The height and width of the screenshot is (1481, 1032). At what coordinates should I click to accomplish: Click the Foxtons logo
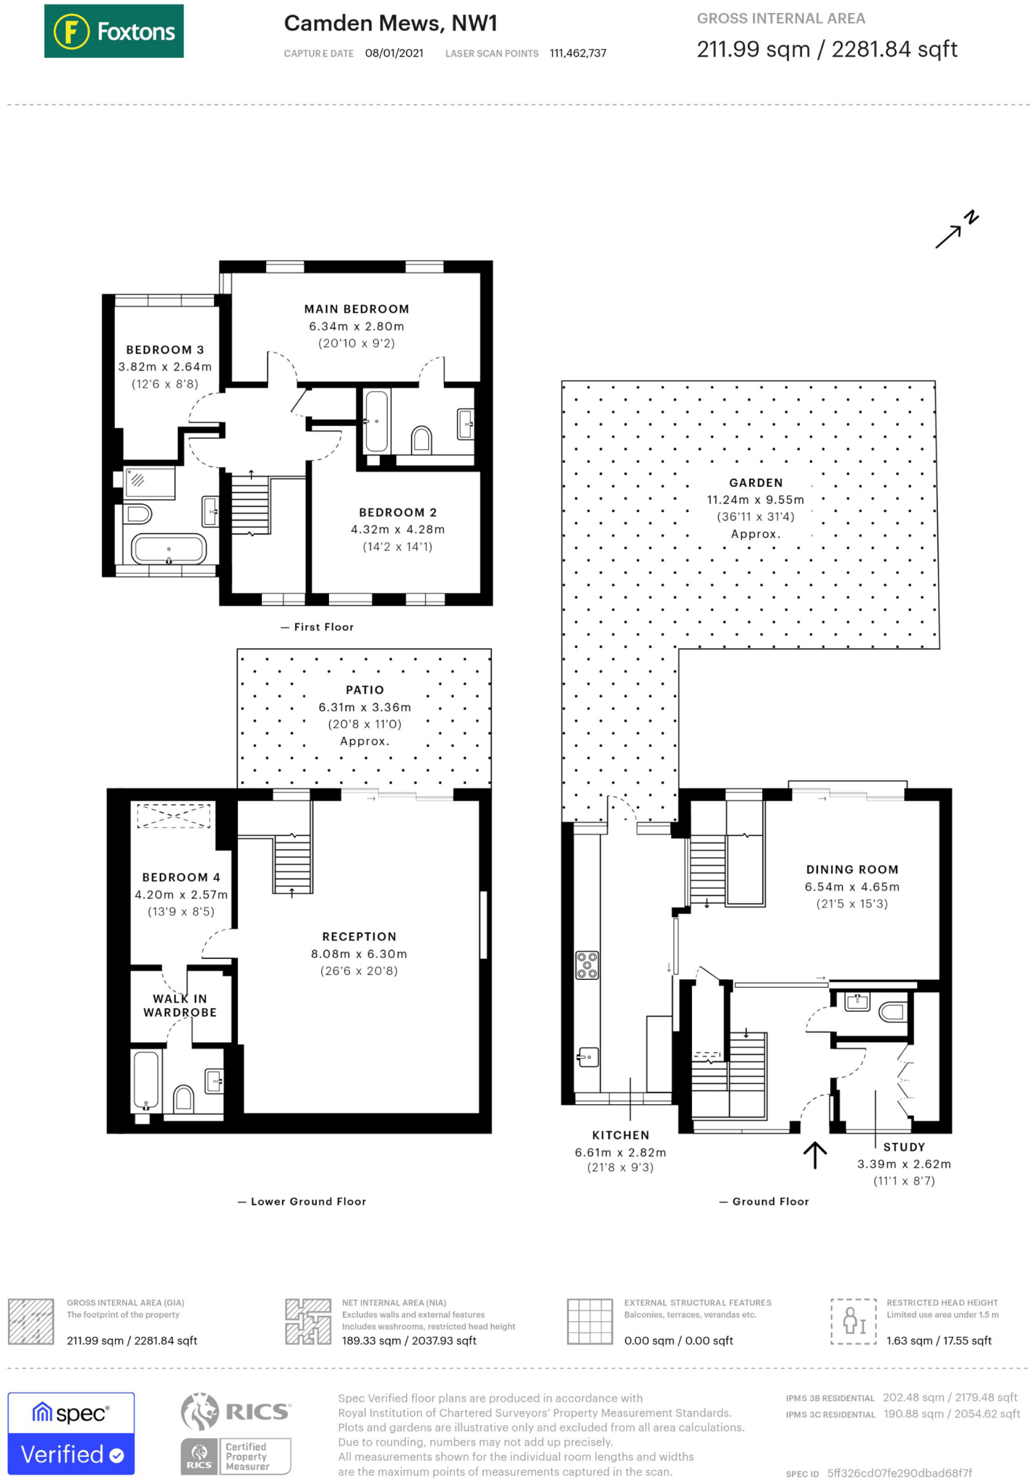coord(114,31)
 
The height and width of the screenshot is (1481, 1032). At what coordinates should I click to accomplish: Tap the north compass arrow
coord(956,230)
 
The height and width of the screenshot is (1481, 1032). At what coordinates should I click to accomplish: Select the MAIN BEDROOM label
coord(357,309)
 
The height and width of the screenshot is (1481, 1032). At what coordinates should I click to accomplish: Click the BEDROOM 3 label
coord(165,350)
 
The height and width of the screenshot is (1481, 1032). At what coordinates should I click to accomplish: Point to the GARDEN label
coord(756,483)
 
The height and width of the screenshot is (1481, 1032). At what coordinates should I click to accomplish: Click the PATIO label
coord(364,691)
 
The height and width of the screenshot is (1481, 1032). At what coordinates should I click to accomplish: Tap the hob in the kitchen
coord(587,965)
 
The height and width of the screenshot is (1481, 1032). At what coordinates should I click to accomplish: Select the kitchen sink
coord(588,1057)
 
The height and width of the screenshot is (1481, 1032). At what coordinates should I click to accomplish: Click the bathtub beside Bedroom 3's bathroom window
coord(169,550)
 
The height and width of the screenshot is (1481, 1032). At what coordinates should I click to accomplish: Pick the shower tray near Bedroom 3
coord(150,483)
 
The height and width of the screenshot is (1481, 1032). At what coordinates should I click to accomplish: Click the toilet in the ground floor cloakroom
coord(893,1012)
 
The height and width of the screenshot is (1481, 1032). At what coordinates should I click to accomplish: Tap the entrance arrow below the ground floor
coord(815,1155)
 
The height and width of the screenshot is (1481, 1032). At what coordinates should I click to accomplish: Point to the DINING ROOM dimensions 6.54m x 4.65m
coord(852,887)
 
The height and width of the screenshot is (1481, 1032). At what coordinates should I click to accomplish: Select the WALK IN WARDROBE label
coord(180,1006)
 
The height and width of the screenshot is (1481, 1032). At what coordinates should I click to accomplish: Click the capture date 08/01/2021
coord(394,54)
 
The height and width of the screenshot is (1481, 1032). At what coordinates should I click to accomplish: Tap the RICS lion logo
coord(200,1412)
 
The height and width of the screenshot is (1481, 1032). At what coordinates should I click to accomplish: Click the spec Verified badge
coord(71,1433)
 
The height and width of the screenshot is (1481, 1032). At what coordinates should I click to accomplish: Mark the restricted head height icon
coord(853,1321)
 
